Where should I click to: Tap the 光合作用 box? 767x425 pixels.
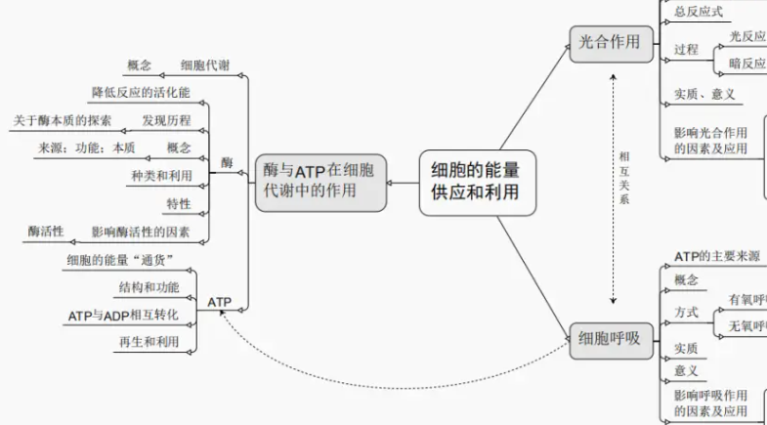(611, 42)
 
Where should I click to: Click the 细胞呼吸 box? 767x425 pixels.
(611, 339)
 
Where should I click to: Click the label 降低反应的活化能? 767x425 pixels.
(142, 93)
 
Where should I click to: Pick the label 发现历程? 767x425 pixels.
(166, 121)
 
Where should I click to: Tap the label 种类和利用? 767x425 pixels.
(161, 176)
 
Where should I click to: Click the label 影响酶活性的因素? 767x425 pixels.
(148, 232)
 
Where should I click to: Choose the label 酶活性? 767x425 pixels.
(46, 232)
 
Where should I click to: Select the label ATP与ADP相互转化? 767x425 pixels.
(124, 316)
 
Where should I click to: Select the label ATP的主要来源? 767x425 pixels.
(716, 256)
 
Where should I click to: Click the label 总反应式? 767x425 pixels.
(699, 11)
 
